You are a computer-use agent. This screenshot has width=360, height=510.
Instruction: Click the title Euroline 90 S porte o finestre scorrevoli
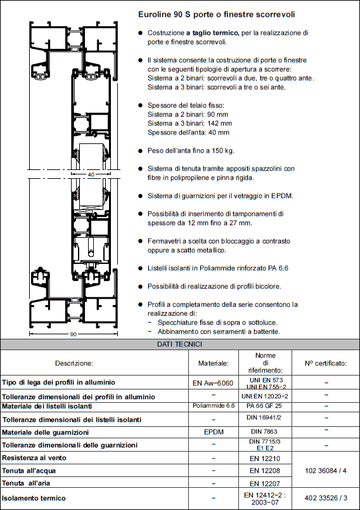(x=216, y=15)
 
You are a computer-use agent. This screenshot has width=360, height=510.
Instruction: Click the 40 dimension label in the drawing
(x=91, y=174)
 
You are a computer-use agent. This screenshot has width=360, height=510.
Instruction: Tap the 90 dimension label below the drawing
(x=74, y=334)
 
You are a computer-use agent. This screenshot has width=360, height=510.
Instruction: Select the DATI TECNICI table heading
(x=179, y=344)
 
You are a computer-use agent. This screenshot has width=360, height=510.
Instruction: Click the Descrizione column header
(x=74, y=363)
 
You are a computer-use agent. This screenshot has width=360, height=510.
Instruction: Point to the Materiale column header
(x=214, y=363)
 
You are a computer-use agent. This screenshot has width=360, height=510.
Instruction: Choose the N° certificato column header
(x=326, y=363)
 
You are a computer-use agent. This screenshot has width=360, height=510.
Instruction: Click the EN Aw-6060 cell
(x=213, y=383)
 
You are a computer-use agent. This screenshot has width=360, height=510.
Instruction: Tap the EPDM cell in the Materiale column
(x=214, y=432)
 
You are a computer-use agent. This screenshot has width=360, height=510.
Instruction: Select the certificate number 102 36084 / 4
(x=326, y=471)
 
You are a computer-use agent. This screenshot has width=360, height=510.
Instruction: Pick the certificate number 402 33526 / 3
(x=326, y=498)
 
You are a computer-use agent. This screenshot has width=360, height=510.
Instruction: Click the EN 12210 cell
(x=265, y=459)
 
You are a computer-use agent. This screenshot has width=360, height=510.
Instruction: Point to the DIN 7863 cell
(x=264, y=431)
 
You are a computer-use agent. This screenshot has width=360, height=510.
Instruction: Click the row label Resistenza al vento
(x=34, y=458)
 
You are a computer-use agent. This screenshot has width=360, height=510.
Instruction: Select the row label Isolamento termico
(x=34, y=498)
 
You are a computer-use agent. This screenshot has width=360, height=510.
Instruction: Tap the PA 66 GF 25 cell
(x=264, y=406)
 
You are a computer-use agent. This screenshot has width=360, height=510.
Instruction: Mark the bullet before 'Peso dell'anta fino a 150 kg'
(x=140, y=151)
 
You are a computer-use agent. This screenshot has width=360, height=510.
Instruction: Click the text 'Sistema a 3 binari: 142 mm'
(x=190, y=123)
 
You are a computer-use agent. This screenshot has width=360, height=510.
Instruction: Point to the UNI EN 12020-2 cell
(x=265, y=396)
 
